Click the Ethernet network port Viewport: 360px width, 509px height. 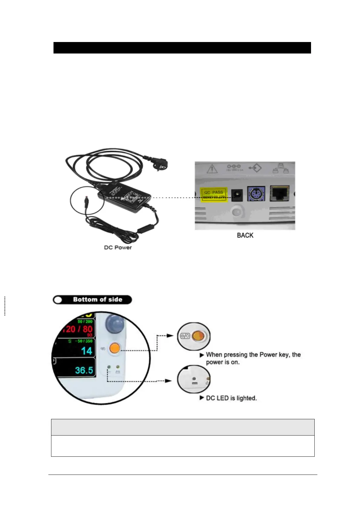279,193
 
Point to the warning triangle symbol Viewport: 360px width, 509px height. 212,169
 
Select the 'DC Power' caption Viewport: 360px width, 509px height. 118,248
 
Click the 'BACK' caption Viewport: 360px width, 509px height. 245,235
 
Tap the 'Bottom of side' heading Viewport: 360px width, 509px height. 97,300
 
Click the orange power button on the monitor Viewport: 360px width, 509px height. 115,349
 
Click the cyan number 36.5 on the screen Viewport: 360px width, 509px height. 84,370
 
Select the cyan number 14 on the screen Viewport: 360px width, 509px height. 86,351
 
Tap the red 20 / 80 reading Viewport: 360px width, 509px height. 78,329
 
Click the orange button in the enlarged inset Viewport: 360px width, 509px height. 198,336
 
